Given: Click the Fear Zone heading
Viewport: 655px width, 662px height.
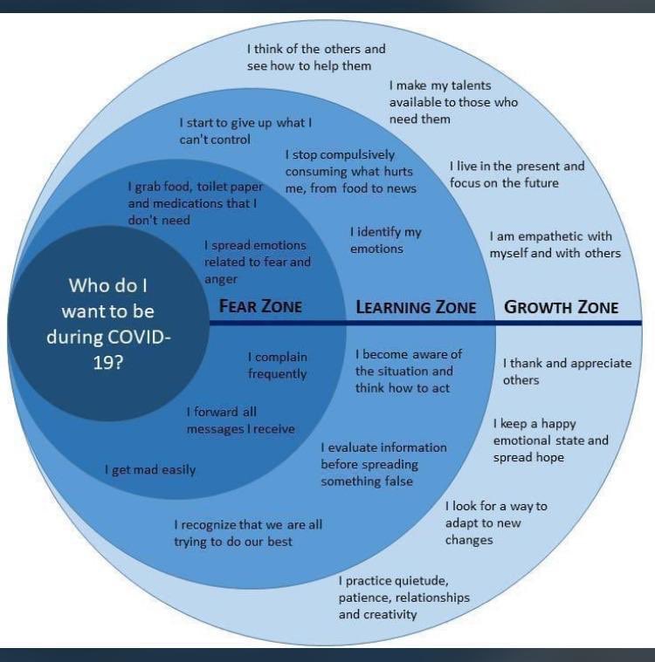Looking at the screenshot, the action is (x=260, y=306).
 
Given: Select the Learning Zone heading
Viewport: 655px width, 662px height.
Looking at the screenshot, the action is (x=416, y=307).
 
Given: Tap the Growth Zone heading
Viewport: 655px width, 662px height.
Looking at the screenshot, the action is (x=562, y=307).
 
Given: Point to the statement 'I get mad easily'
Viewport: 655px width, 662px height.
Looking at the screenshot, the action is (x=150, y=470).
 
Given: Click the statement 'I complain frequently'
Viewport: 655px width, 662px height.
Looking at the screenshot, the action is (x=278, y=365).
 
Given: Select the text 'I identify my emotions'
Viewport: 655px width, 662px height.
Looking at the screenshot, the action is (x=386, y=240).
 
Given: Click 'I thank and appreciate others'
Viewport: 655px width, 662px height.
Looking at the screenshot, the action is (x=567, y=372).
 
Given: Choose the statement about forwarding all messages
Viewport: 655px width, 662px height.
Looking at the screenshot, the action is (x=241, y=420).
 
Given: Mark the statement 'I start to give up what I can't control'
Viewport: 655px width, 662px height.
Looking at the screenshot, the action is (x=245, y=132).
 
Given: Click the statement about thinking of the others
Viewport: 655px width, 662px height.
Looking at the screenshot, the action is (x=316, y=58).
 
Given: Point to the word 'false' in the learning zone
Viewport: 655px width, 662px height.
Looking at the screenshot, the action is (x=399, y=481).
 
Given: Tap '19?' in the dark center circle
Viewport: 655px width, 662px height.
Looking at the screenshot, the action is (x=107, y=363).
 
